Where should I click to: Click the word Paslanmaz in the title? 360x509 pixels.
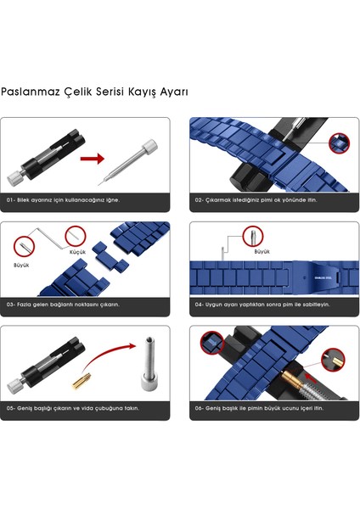27,91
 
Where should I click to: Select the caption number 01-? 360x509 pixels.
11,199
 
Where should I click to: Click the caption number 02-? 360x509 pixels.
200,199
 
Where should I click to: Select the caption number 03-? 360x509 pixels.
11,304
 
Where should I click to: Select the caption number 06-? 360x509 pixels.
200,408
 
